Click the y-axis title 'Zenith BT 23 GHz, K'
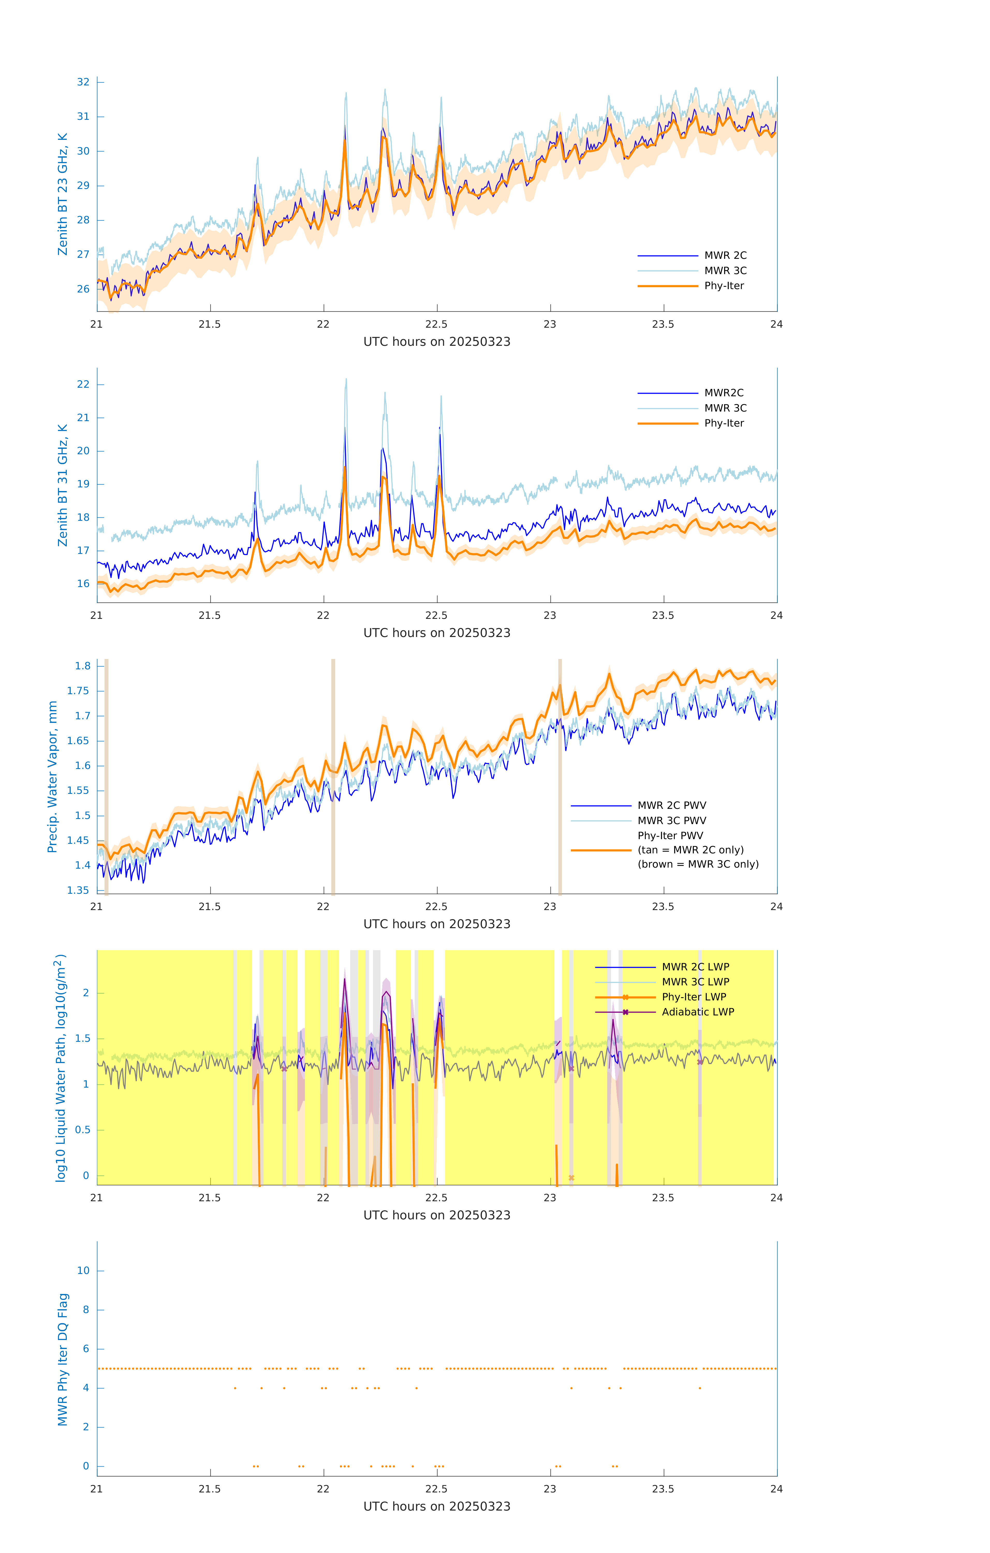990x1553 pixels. coord(63,194)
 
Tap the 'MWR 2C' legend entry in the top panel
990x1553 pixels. coord(725,255)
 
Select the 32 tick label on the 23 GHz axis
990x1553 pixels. coord(83,82)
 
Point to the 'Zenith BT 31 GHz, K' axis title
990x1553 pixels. coord(63,485)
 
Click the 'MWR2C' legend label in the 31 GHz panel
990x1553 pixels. coord(724,393)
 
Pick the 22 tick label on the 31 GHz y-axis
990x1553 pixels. coord(83,384)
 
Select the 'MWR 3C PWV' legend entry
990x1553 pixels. coord(671,820)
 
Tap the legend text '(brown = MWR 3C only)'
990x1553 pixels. coord(698,864)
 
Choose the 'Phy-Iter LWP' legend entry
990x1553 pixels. coord(693,997)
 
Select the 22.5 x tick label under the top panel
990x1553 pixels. coord(437,324)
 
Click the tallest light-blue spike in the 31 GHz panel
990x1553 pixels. coord(346,380)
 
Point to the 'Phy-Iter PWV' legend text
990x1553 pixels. coord(670,835)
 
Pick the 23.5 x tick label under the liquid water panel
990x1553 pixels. coord(663,1198)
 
